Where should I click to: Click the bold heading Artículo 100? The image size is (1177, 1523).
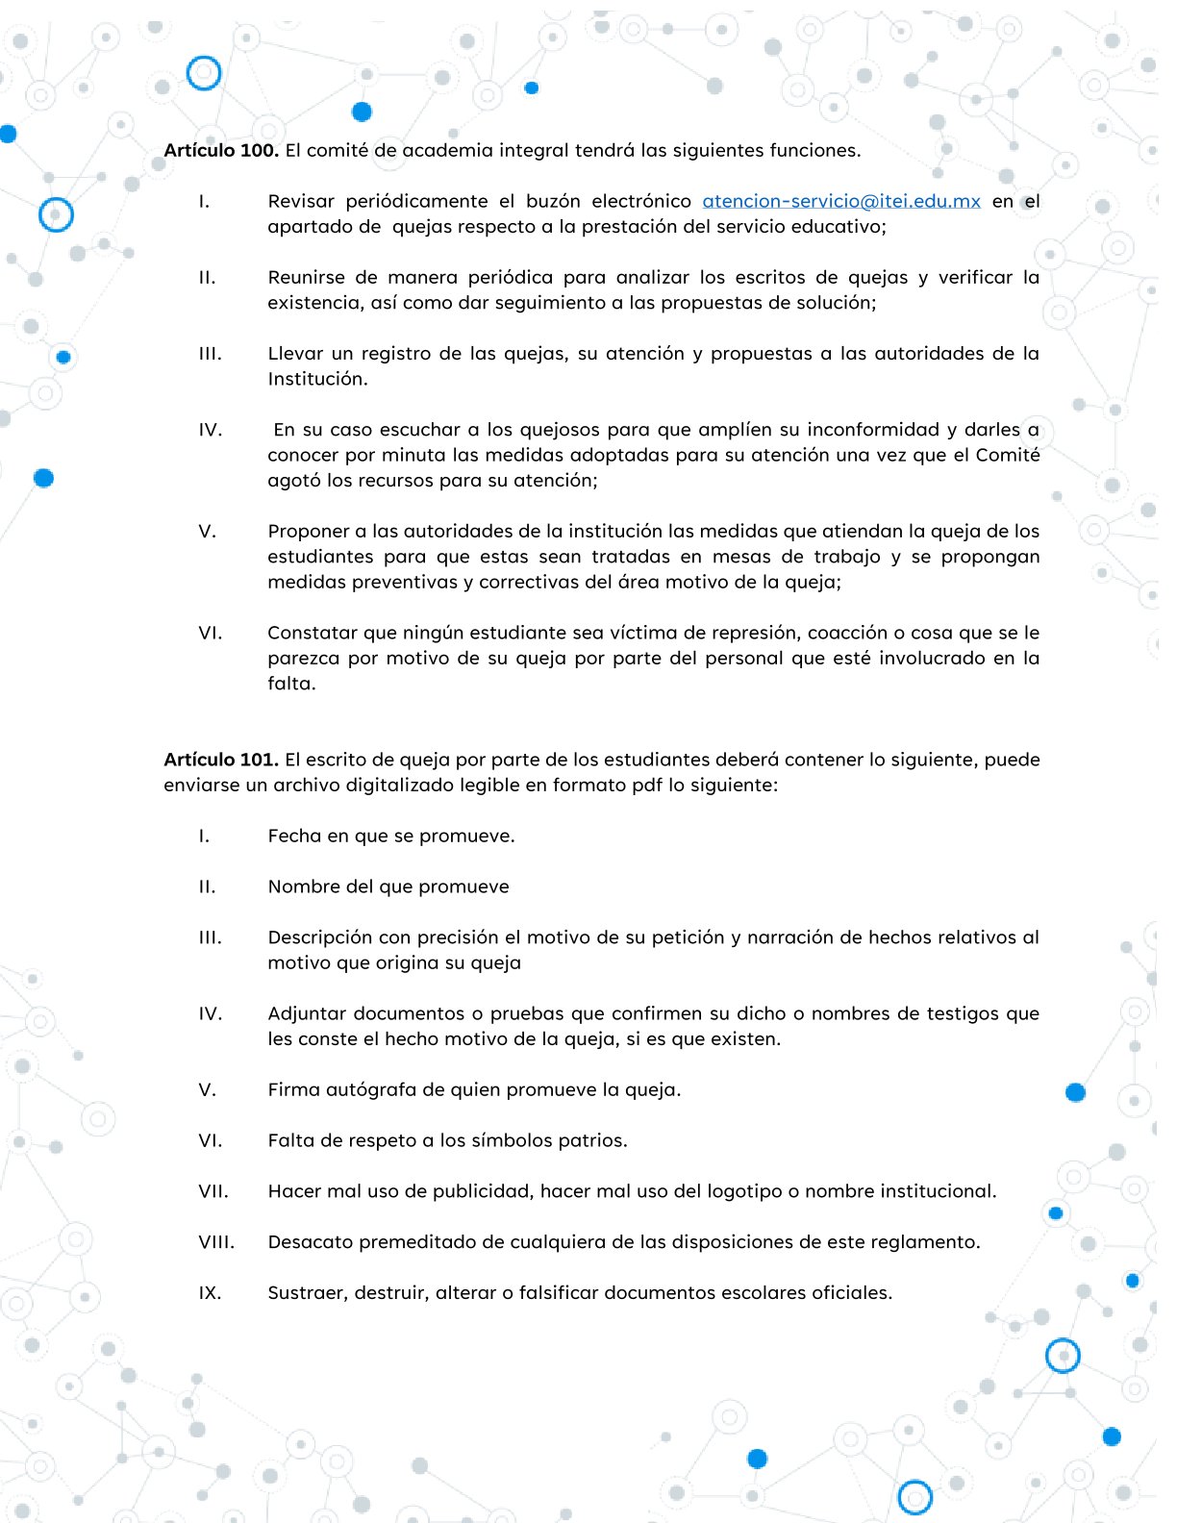coord(221,150)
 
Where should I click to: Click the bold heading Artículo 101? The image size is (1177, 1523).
coord(221,760)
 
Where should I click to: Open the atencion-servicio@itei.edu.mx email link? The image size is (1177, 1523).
coord(841,201)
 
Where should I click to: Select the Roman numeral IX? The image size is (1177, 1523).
coord(210,1293)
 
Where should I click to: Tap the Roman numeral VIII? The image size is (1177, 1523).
coord(216,1242)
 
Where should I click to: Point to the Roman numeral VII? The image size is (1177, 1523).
coord(213,1191)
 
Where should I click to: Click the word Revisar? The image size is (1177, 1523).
coord(301,201)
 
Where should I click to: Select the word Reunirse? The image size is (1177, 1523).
coord(306,277)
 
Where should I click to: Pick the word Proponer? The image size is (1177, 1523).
coord(307,531)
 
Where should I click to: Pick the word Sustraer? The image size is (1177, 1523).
coord(307,1293)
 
